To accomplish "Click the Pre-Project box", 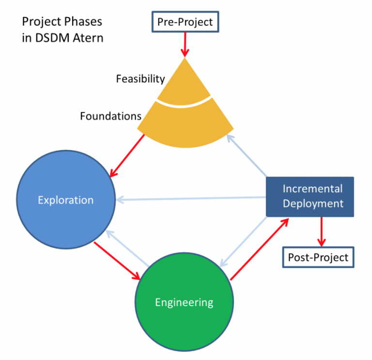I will click(185, 22).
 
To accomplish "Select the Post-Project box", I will click(318, 257).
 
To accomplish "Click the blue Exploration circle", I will click(66, 200).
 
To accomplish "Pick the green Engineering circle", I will click(184, 302).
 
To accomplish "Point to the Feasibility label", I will click(140, 78).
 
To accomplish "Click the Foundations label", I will click(110, 116).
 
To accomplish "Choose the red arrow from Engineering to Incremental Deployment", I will click(260, 249).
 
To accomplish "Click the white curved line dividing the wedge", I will click(185, 102).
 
